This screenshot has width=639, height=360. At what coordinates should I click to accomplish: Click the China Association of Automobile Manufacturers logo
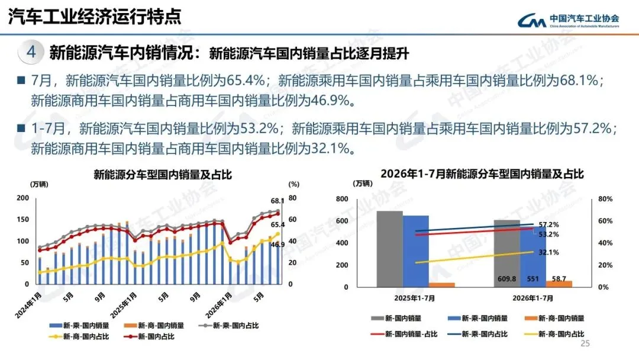(568, 20)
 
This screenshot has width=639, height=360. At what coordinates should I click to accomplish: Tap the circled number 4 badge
(31, 52)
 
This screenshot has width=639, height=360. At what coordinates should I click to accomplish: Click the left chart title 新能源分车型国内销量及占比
(163, 175)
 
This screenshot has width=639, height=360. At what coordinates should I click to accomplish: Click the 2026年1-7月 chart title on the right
(482, 174)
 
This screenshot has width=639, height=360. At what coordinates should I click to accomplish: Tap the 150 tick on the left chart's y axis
(23, 219)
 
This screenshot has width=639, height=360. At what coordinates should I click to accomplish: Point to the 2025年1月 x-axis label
(123, 305)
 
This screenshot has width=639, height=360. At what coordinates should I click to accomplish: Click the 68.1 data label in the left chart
(277, 201)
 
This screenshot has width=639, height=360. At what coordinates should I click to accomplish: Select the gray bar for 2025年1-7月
(389, 249)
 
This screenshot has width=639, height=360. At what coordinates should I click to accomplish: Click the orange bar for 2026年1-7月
(559, 284)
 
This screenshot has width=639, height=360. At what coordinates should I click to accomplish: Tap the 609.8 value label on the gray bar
(506, 279)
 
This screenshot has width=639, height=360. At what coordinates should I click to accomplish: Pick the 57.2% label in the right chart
(548, 224)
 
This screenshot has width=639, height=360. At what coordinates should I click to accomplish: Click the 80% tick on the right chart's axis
(605, 199)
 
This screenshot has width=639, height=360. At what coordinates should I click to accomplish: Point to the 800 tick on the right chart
(342, 199)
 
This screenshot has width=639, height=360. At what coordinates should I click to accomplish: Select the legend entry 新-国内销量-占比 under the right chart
(404, 335)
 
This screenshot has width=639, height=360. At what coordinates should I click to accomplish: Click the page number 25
(585, 343)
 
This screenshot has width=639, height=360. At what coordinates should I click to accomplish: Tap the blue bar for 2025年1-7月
(416, 252)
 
